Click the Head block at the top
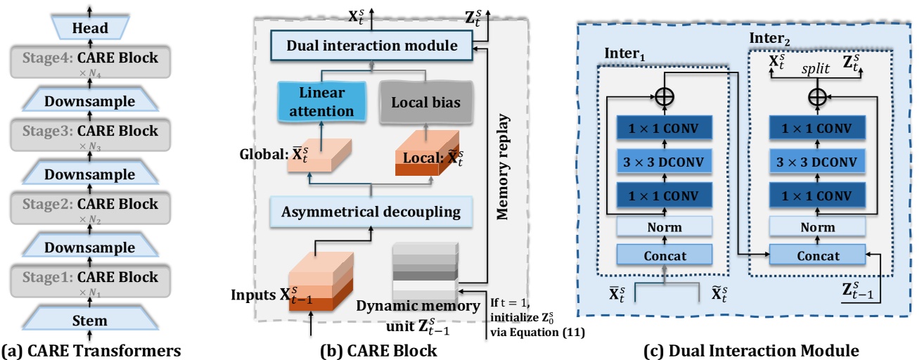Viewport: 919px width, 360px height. [x=89, y=28]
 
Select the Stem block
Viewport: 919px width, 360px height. [x=89, y=321]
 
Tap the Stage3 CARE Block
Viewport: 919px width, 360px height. [x=89, y=131]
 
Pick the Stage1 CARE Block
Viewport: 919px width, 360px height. [x=89, y=277]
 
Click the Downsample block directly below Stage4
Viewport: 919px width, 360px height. [x=89, y=101]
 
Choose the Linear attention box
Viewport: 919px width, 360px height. [x=321, y=103]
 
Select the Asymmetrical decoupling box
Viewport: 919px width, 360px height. [x=371, y=211]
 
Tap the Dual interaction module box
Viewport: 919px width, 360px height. [x=373, y=46]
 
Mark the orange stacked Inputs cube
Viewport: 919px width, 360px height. [x=321, y=281]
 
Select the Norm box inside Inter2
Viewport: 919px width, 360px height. [x=816, y=227]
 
